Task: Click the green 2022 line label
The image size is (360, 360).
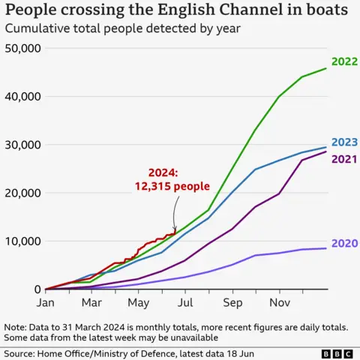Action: coord(344,62)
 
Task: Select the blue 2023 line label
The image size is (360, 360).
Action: coord(344,142)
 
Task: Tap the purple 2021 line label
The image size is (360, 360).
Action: coord(344,158)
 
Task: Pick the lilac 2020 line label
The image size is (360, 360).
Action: coord(344,243)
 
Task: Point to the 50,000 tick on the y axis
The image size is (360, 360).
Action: coord(22,49)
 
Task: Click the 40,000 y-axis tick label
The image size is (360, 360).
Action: coord(22,97)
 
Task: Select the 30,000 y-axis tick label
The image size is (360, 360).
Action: coord(22,145)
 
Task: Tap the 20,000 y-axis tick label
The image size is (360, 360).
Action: coord(22,193)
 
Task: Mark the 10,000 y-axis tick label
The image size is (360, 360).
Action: coord(22,241)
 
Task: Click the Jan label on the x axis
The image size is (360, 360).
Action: coord(46,303)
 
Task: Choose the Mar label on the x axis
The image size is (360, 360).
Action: coord(91,303)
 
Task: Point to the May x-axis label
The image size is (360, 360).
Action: coord(138,303)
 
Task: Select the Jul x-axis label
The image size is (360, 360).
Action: coord(184,303)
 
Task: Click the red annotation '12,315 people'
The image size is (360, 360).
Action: coord(173,186)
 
